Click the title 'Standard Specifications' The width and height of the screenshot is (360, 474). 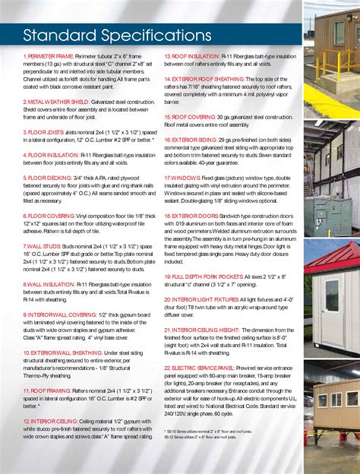point(112,36)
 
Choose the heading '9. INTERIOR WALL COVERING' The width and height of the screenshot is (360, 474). point(59,314)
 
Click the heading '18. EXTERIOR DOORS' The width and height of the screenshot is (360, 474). point(193,216)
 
